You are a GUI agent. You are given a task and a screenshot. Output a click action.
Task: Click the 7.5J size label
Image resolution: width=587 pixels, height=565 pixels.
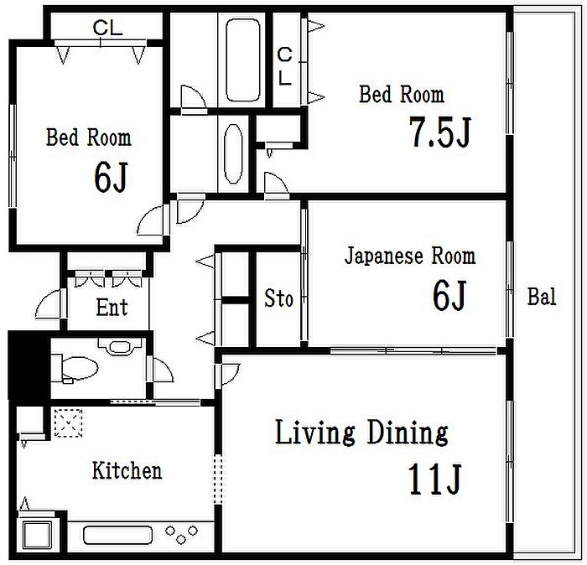click(439, 132)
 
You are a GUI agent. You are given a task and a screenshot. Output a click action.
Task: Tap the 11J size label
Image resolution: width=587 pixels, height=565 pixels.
click(434, 479)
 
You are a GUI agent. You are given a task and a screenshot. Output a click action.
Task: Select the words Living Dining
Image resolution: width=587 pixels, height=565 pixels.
click(361, 433)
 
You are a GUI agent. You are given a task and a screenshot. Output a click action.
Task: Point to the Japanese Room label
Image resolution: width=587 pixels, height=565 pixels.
click(410, 257)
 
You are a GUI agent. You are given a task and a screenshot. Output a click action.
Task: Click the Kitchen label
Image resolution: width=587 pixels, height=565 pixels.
click(127, 470)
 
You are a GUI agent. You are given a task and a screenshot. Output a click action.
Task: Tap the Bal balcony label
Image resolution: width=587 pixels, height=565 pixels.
click(542, 297)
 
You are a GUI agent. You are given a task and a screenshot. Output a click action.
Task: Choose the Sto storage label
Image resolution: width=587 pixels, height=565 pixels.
click(278, 298)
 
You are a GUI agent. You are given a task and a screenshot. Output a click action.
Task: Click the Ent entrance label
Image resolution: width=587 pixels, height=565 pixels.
click(112, 307)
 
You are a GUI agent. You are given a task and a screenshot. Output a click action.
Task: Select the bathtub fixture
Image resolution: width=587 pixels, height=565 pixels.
click(243, 60)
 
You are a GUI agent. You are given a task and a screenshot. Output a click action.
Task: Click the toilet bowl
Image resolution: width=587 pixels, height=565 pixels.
click(80, 368)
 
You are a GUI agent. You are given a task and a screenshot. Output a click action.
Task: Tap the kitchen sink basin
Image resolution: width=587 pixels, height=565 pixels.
click(118, 536)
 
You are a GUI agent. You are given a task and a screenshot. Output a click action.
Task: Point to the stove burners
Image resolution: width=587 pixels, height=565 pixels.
click(181, 534)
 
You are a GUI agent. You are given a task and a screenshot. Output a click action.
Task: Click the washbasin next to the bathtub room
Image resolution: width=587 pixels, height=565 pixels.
click(233, 153)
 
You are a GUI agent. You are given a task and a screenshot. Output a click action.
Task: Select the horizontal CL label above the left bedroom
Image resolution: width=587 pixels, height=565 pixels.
click(108, 28)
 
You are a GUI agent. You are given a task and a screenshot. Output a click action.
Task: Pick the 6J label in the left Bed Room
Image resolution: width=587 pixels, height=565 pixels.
click(111, 177)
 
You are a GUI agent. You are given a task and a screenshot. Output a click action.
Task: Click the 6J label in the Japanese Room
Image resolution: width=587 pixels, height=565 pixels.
click(449, 295)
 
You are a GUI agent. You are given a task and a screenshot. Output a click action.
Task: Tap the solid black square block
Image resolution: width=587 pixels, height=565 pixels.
click(29, 365)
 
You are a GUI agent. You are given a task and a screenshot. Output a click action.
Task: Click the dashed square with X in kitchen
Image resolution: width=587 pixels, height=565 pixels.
click(68, 423)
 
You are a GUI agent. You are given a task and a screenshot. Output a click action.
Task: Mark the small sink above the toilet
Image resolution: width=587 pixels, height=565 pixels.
click(120, 346)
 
